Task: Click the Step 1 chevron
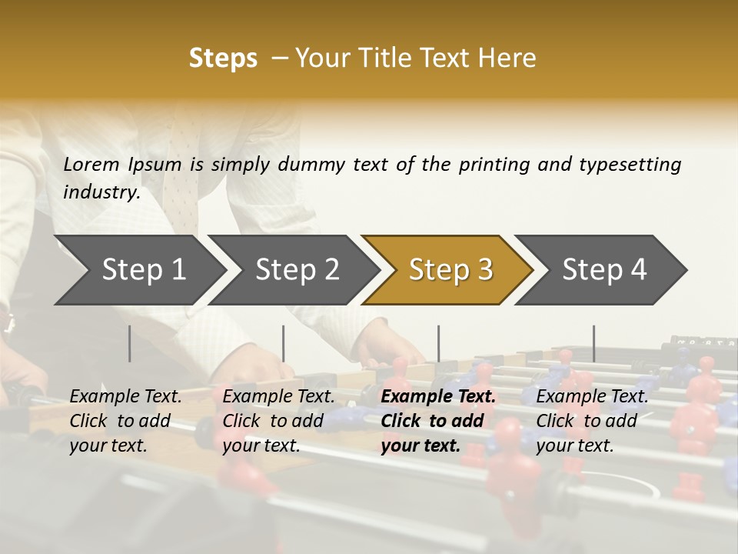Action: coord(144,269)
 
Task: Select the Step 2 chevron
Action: coord(297,269)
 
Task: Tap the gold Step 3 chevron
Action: coord(450,269)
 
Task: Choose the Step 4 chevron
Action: coord(604,269)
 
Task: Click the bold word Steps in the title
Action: coord(223,58)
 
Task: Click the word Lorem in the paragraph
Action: coord(91,164)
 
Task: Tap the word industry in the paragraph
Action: coord(101,192)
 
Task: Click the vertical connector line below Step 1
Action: coord(130,343)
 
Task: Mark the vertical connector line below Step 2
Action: coord(284,343)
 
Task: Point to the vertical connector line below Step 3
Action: coord(438,343)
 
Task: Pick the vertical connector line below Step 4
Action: coord(593,343)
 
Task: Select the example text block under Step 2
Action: coord(279,421)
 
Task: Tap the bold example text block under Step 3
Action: coord(438,421)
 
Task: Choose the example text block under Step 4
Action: coord(592,421)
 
